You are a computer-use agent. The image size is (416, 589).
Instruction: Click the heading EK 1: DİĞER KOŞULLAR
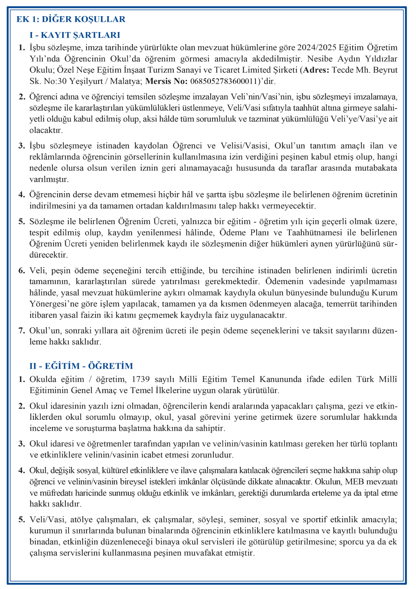(x=71, y=19)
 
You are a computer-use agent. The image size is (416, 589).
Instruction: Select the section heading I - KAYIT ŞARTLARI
(x=75, y=35)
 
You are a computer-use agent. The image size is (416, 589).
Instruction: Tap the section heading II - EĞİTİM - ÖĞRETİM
(x=81, y=366)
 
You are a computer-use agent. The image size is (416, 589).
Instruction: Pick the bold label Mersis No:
(x=166, y=81)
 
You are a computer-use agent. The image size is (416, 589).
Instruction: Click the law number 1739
(x=141, y=379)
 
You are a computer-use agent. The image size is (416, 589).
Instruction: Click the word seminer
(x=243, y=519)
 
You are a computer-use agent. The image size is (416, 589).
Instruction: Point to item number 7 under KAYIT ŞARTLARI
(x=22, y=330)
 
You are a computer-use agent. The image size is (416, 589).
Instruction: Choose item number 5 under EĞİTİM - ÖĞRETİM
(x=22, y=519)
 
